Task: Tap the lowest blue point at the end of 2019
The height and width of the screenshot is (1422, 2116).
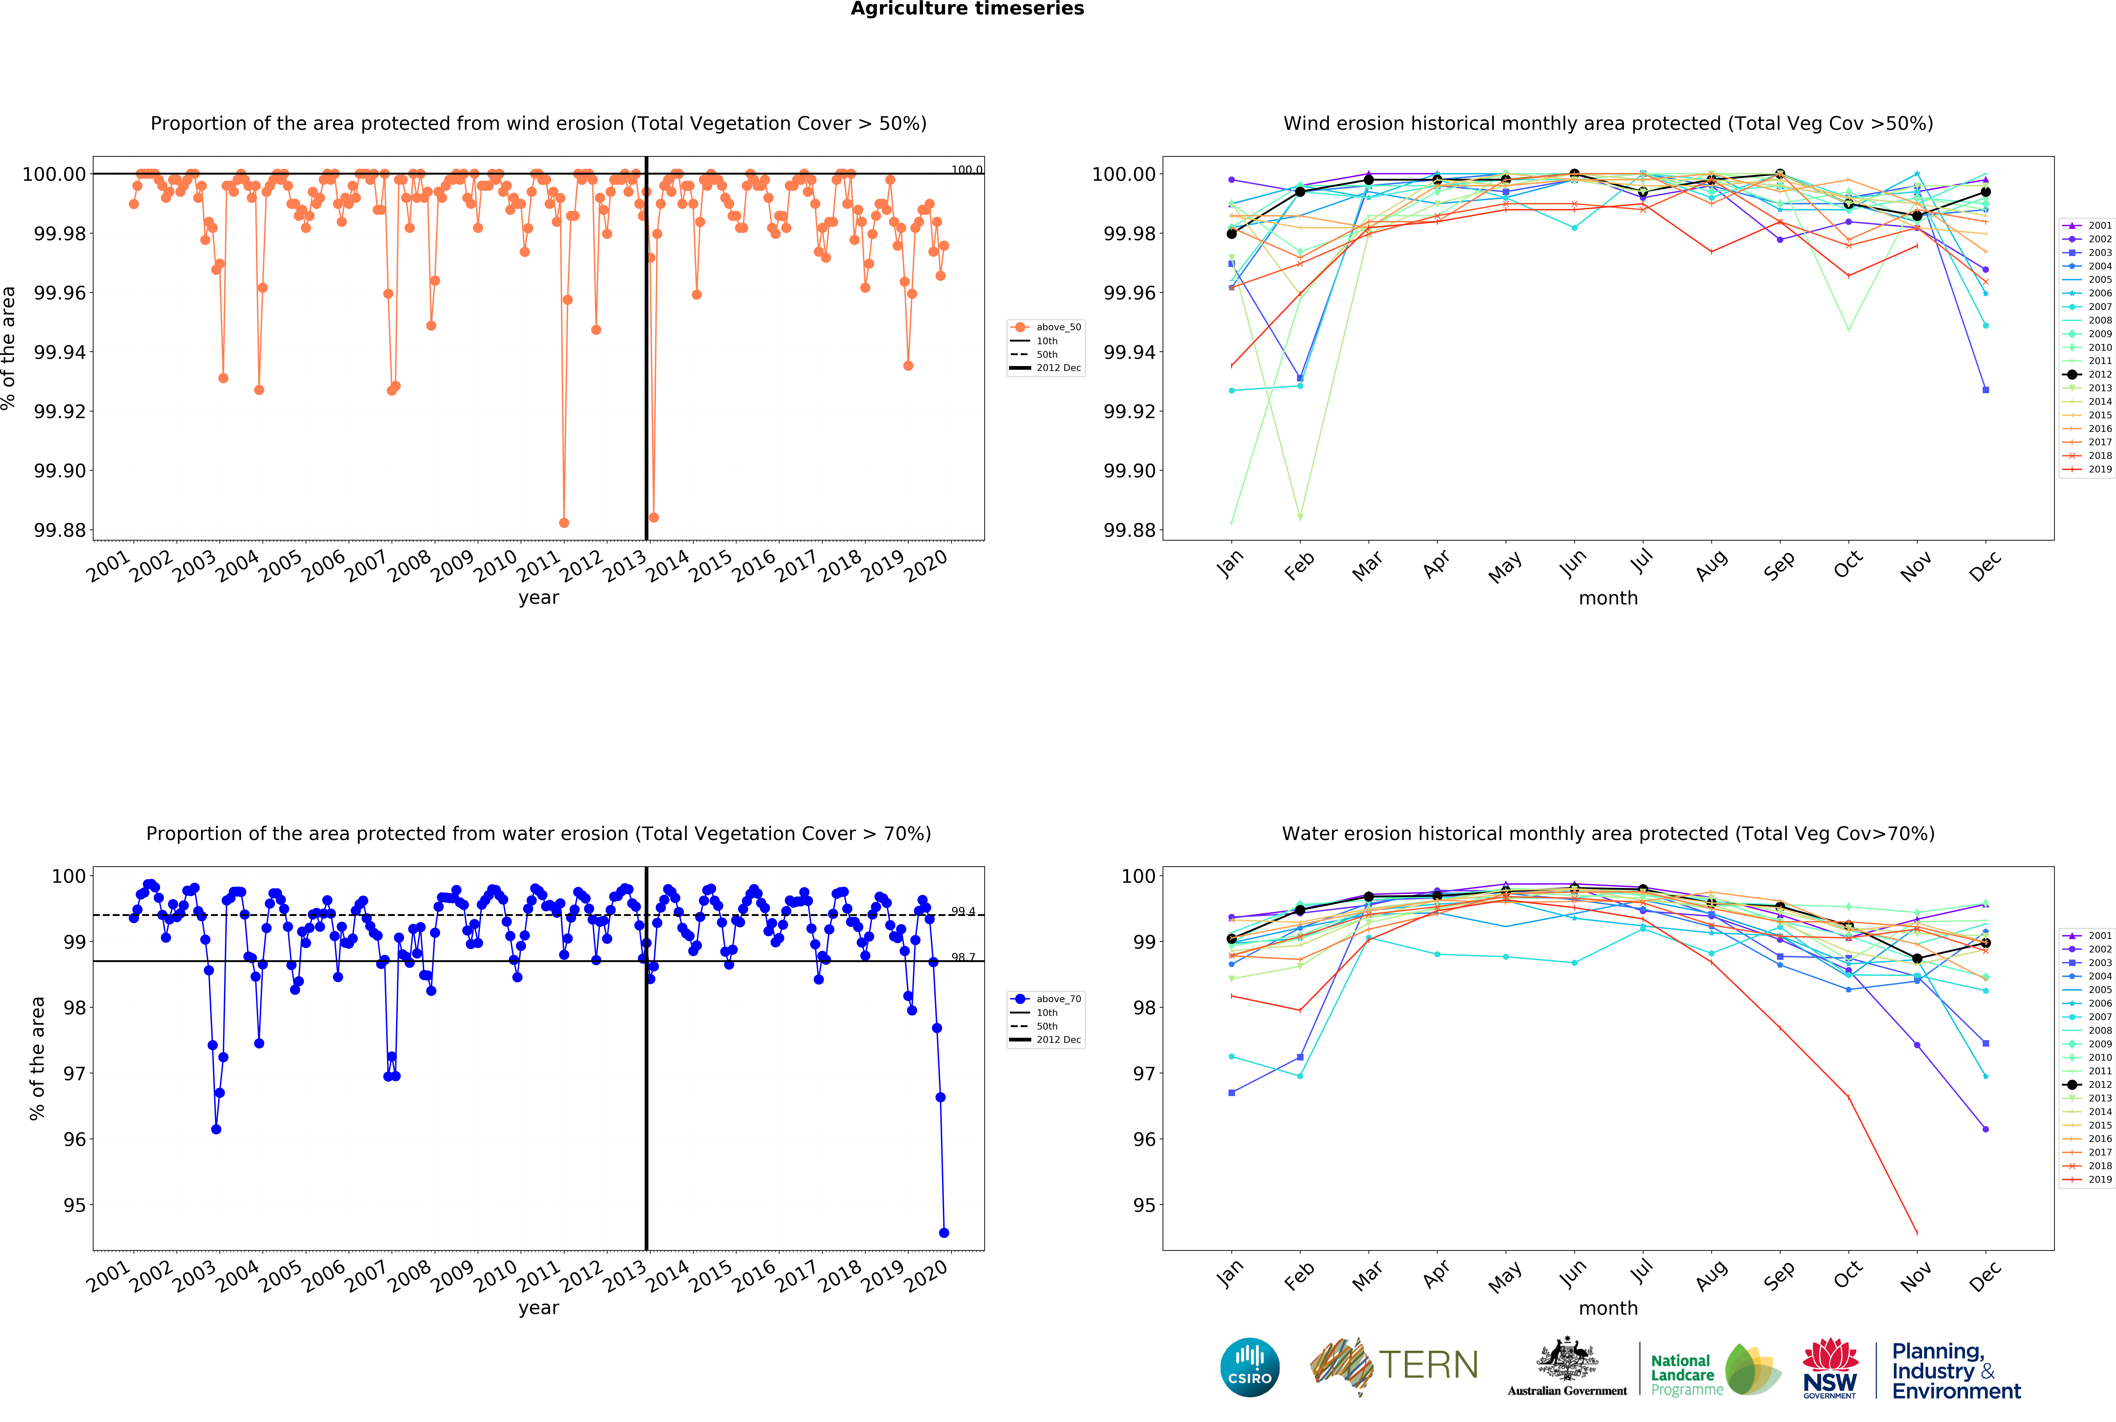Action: click(x=944, y=1233)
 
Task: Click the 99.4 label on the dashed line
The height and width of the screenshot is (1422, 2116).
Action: click(x=963, y=911)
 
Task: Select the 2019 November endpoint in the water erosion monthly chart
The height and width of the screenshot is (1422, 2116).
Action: click(x=1917, y=1233)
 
